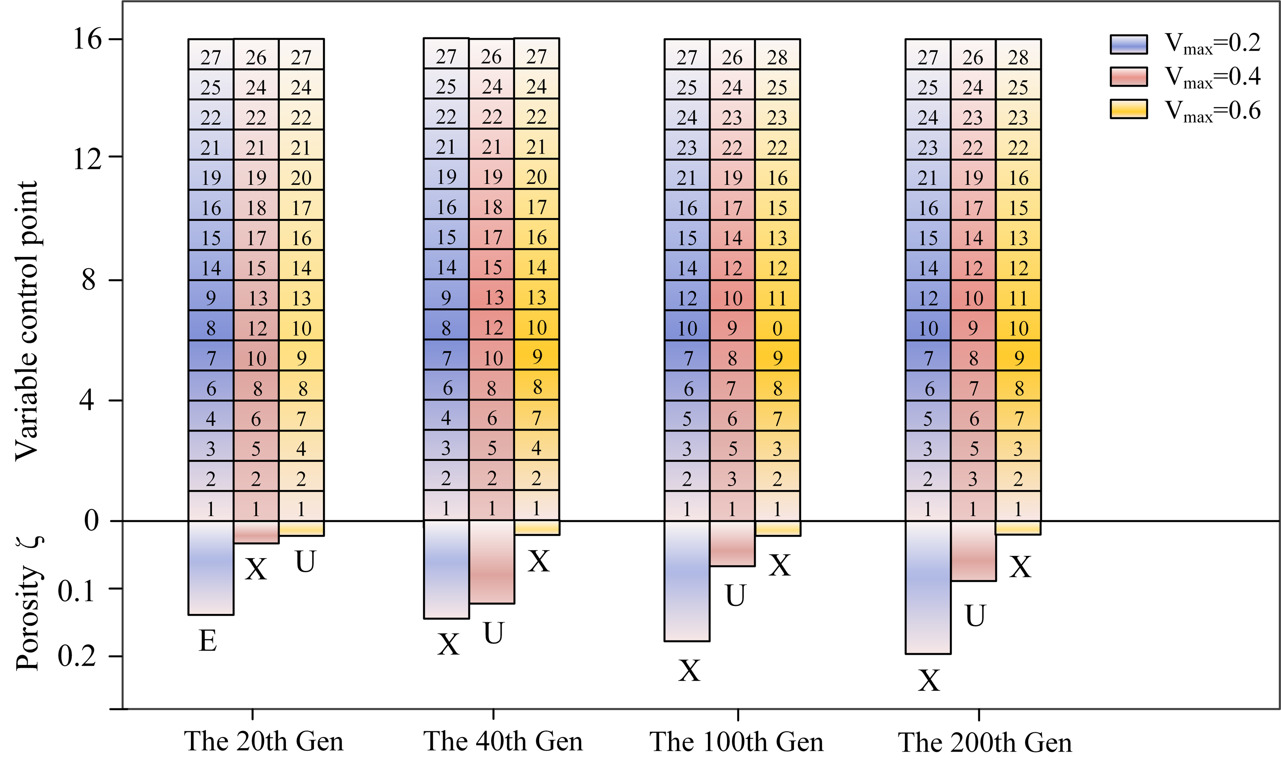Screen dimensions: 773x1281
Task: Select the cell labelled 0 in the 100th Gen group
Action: click(x=777, y=328)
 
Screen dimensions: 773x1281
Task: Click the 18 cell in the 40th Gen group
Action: click(x=492, y=207)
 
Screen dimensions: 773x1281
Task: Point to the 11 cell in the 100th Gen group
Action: click(x=777, y=298)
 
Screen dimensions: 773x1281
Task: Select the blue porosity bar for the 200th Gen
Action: click(x=928, y=588)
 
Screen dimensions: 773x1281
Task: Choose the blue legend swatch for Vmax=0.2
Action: click(x=1129, y=44)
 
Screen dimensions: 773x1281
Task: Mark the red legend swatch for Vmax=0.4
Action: click(x=1129, y=76)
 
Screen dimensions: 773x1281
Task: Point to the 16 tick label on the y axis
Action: click(x=87, y=39)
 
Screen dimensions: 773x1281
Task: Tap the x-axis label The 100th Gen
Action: click(x=737, y=742)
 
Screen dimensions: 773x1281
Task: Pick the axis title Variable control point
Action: click(x=27, y=321)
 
